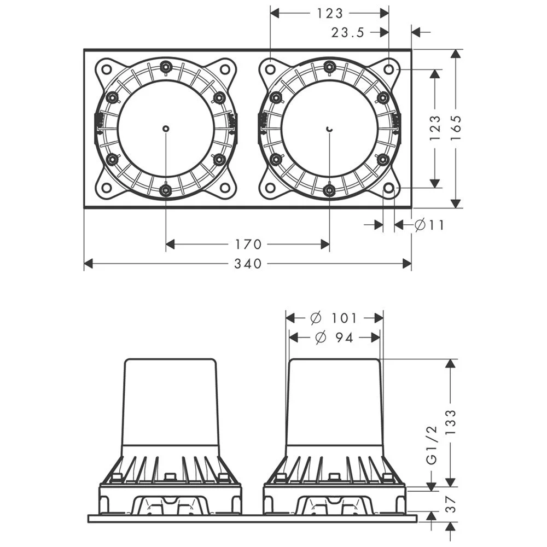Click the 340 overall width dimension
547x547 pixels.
tap(248, 264)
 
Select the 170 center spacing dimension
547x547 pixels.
tap(248, 244)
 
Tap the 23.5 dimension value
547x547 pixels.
tap(347, 32)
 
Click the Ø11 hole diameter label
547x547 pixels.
tap(429, 225)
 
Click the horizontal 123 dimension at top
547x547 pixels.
tap(330, 13)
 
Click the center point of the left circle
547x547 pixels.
tap(166, 129)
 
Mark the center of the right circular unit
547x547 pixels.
tap(329, 129)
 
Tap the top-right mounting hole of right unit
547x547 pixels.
tap(388, 69)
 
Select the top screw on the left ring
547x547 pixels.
tap(165, 67)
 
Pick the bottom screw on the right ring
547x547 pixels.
tap(329, 190)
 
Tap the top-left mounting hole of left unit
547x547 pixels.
tap(107, 69)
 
